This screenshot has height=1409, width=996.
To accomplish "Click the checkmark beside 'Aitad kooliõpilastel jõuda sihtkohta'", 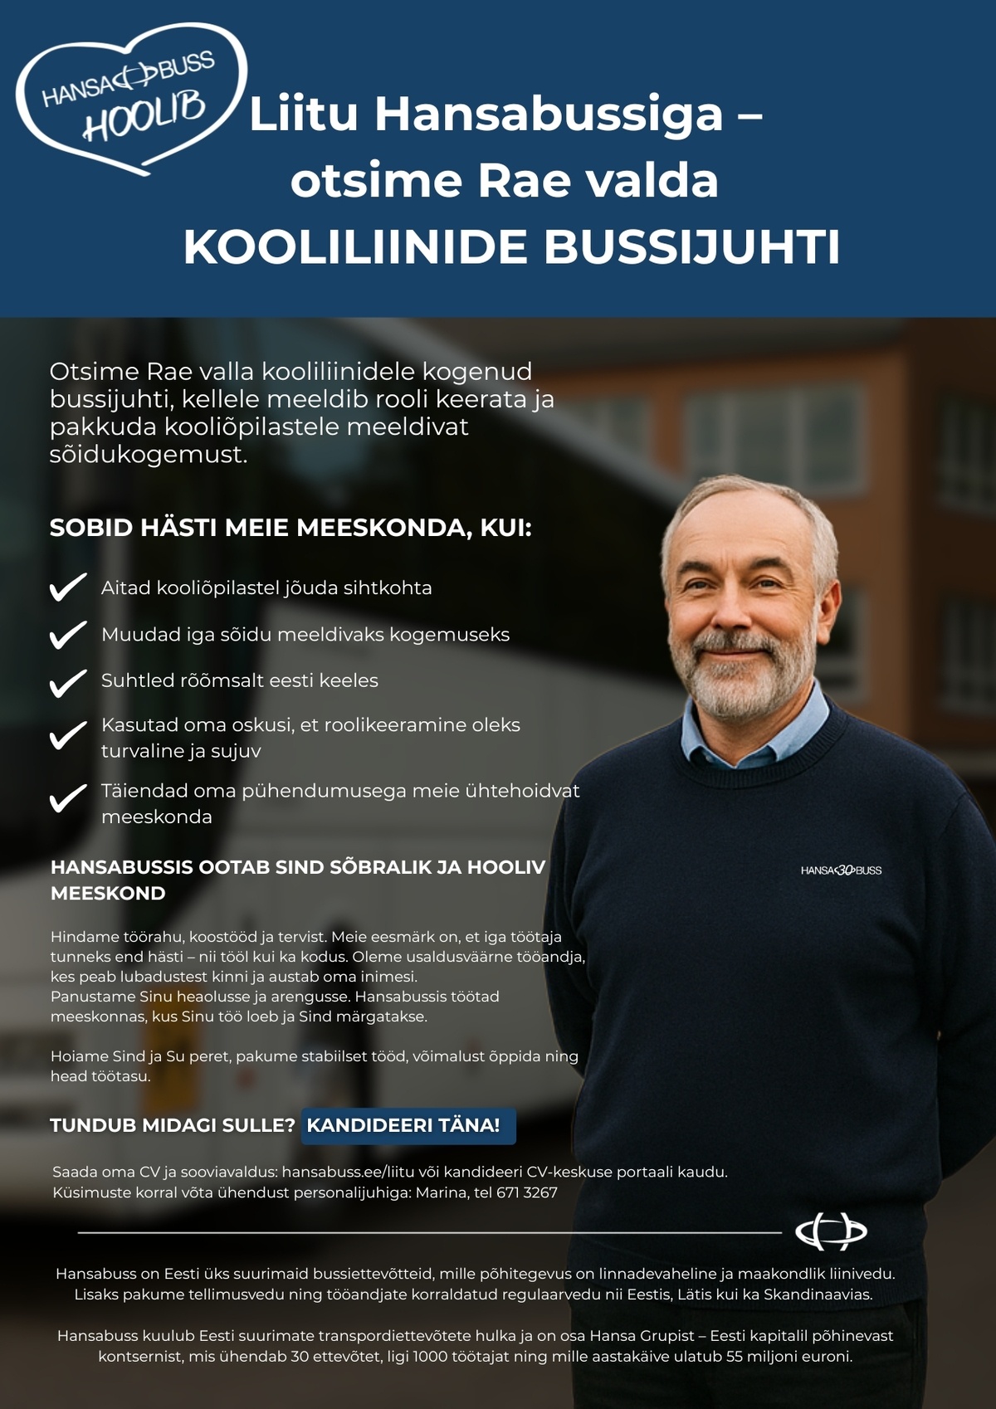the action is (x=68, y=587).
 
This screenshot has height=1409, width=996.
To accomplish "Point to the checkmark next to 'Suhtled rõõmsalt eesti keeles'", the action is (x=68, y=682).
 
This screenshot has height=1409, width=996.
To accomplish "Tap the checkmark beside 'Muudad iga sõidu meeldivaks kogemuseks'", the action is (x=68, y=635).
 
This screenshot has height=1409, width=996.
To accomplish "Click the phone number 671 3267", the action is (x=527, y=1192).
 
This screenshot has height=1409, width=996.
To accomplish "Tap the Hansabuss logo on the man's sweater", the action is (x=841, y=870).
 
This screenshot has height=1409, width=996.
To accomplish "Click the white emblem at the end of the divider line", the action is (x=830, y=1231).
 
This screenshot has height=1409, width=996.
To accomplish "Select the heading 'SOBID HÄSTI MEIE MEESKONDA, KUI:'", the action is (x=290, y=528).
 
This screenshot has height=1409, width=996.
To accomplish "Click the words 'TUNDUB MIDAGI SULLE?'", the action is (x=173, y=1126).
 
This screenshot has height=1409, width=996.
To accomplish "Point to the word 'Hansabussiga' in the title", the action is (x=548, y=114).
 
